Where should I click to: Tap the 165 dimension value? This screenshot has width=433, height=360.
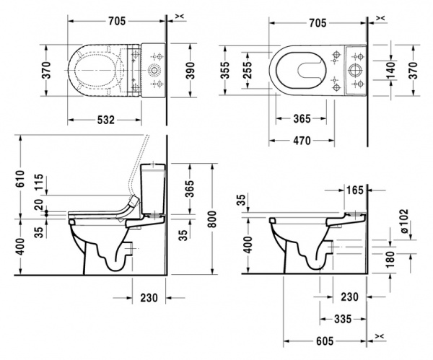click(355, 191)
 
